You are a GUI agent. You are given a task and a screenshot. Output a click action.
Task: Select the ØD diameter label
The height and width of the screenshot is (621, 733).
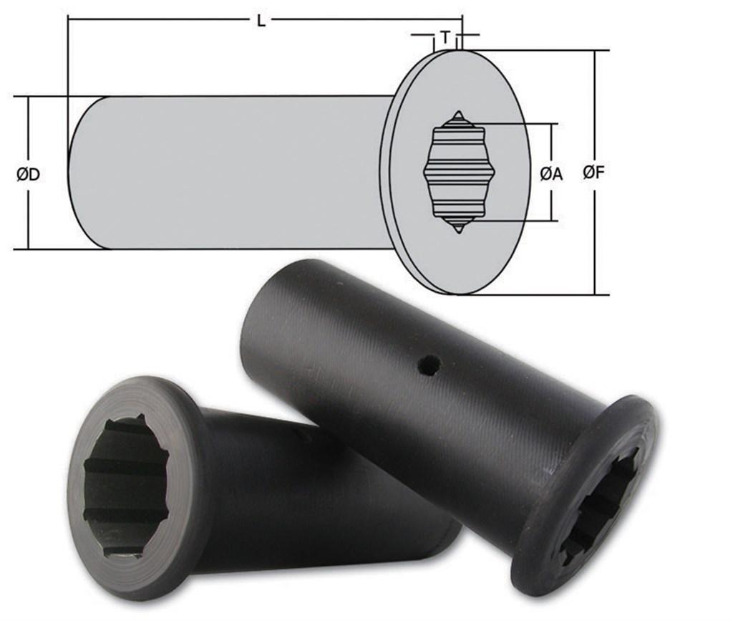27,173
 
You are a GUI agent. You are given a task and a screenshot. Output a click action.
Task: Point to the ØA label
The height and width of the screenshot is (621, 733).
551,173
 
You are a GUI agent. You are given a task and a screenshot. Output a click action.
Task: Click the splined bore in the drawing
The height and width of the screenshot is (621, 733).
456,172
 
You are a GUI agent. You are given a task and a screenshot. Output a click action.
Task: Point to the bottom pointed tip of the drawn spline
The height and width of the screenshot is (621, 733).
457,229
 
